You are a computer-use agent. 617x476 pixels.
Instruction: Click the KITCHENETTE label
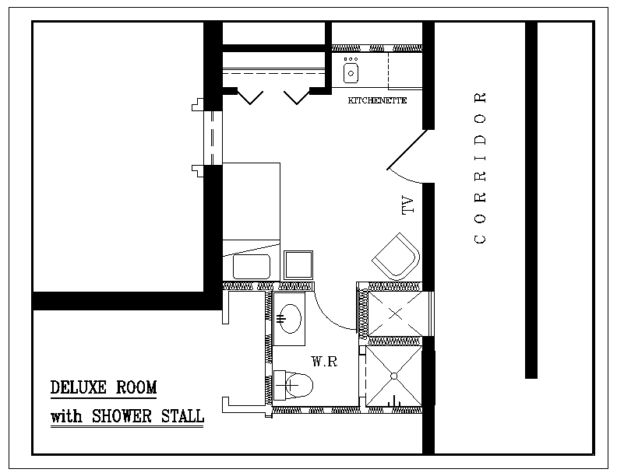(377, 100)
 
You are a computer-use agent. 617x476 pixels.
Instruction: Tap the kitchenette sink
(351, 73)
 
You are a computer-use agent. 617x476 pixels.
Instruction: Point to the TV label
(408, 205)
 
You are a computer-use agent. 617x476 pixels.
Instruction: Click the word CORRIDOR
(481, 168)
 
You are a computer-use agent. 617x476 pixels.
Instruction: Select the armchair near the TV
(396, 256)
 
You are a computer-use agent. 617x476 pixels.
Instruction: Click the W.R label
(325, 362)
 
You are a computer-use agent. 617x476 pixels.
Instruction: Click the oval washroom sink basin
(290, 319)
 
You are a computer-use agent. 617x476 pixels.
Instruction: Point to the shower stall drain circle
(394, 376)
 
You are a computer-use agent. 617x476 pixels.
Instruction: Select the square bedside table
(298, 265)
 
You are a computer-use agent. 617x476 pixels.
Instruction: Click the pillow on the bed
(252, 267)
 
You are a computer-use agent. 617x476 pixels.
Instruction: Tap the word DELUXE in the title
(79, 387)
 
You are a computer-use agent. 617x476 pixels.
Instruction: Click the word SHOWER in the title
(122, 416)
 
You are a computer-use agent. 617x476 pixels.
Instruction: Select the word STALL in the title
(182, 416)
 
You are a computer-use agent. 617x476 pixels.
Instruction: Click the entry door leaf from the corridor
(407, 149)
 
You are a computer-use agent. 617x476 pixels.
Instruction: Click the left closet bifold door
(250, 96)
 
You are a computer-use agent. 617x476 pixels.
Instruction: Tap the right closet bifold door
(297, 96)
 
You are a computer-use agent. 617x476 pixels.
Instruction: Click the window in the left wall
(213, 138)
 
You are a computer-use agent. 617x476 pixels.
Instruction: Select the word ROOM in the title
(136, 387)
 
